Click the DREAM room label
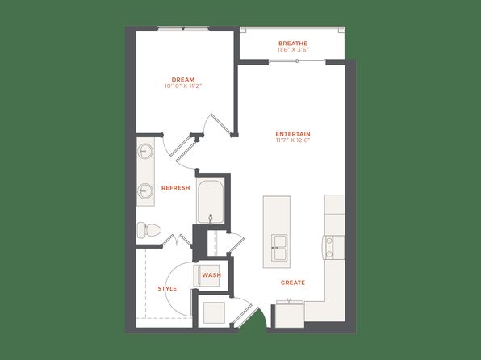[x=183, y=80]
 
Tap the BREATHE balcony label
[x=293, y=44]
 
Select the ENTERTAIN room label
[x=293, y=134]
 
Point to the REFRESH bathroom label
[x=175, y=188]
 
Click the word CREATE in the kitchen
[x=293, y=283]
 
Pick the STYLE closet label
[x=167, y=288]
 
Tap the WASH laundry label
[x=211, y=275]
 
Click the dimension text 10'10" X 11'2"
[x=183, y=86]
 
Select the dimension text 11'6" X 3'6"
[x=293, y=50]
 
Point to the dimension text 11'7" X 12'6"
[x=293, y=140]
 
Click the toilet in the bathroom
[x=148, y=230]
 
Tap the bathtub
[x=211, y=202]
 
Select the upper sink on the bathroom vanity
[x=144, y=151]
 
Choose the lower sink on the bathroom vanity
[x=144, y=191]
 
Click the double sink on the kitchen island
[x=279, y=247]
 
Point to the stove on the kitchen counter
[x=333, y=247]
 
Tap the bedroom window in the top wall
[x=183, y=28]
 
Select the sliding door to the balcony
[x=297, y=61]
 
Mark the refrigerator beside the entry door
[x=290, y=315]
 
